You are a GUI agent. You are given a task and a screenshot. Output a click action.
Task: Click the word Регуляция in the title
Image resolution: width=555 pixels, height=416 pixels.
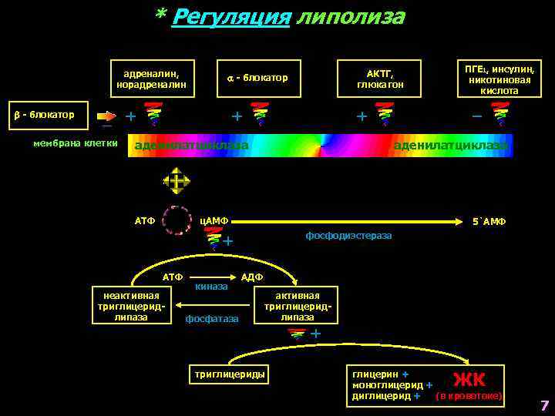(x=230, y=17)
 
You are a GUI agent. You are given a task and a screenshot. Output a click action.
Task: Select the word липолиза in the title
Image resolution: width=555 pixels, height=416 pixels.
(x=350, y=17)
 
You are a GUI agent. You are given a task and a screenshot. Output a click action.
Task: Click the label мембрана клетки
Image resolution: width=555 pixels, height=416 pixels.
(x=76, y=143)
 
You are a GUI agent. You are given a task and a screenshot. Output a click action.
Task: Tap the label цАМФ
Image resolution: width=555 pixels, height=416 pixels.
(x=214, y=221)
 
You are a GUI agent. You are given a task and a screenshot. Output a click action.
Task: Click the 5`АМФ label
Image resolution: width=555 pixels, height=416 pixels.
(x=489, y=222)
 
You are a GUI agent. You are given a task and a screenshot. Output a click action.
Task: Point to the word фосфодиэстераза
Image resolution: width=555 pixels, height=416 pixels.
(x=348, y=235)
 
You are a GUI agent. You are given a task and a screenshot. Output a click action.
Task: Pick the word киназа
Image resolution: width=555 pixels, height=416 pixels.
(x=211, y=287)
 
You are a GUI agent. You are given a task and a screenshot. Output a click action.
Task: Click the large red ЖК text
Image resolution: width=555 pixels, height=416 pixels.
(x=469, y=379)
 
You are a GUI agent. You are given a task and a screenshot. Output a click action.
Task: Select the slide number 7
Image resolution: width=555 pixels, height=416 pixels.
(x=544, y=405)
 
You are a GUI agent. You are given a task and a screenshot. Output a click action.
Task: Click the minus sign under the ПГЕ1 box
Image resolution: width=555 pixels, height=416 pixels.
(x=476, y=116)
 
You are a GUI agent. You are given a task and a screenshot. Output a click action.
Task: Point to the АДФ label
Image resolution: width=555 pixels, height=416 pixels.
(x=252, y=277)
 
